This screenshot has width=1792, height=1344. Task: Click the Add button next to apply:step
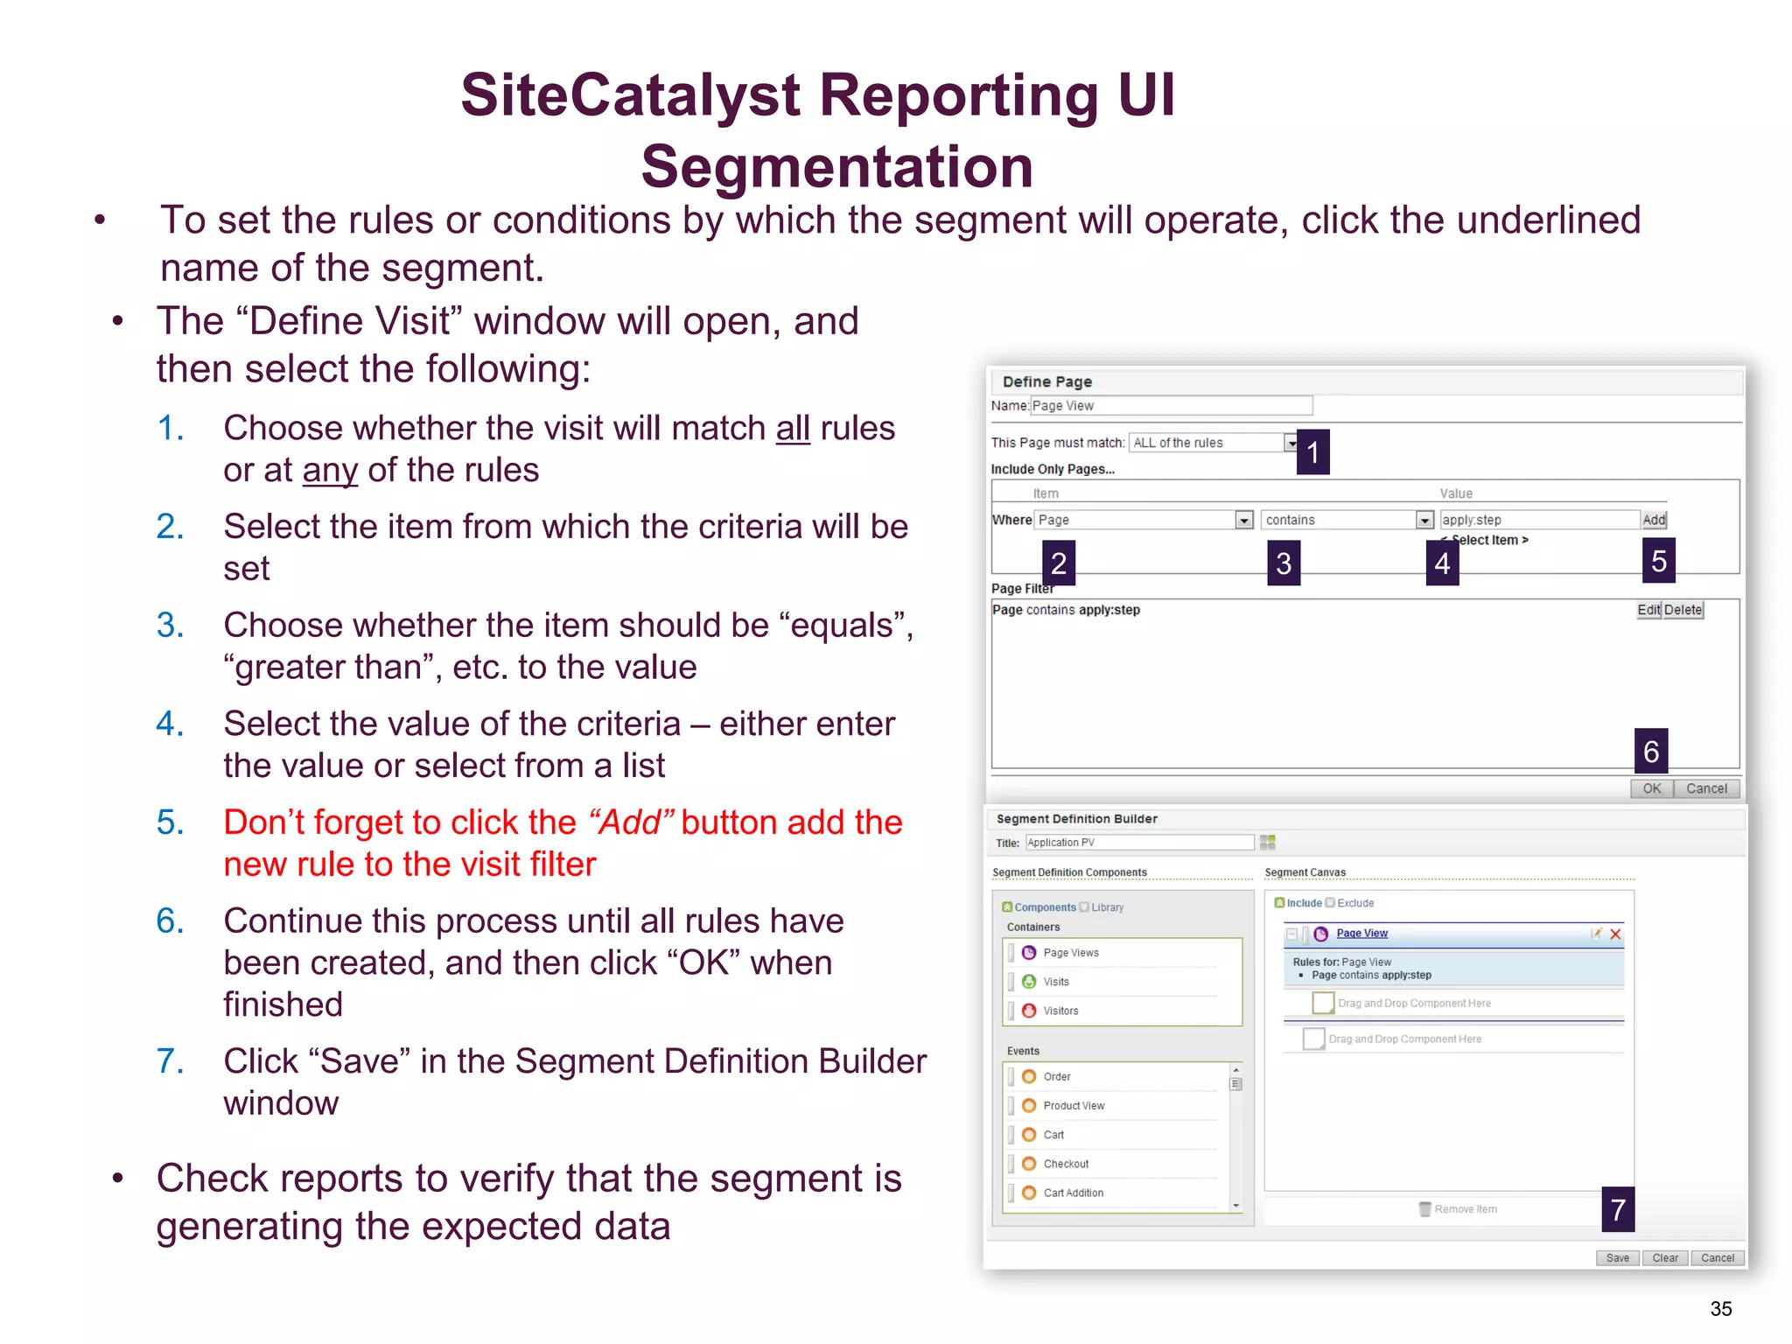1653,520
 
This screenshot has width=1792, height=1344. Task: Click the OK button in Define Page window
1651,788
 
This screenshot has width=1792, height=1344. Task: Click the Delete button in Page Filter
1683,610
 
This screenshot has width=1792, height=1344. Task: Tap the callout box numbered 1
1312,451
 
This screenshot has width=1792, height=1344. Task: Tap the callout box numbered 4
1441,563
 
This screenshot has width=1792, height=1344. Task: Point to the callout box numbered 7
1618,1209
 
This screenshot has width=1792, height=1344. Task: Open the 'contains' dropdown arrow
1424,521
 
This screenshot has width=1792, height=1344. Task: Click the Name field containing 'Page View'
1171,406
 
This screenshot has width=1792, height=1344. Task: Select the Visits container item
1055,982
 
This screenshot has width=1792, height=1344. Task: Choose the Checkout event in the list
1065,1164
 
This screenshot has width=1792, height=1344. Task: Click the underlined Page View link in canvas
1361,934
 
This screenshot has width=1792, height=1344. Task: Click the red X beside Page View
1615,934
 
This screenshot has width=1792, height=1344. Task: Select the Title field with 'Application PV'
1139,843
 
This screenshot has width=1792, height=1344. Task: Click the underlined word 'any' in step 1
330,471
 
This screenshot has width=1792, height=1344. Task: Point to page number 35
1720,1309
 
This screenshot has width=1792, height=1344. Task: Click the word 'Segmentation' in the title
836,166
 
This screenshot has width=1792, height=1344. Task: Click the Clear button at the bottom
1664,1258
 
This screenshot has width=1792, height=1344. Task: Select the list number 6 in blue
170,921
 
